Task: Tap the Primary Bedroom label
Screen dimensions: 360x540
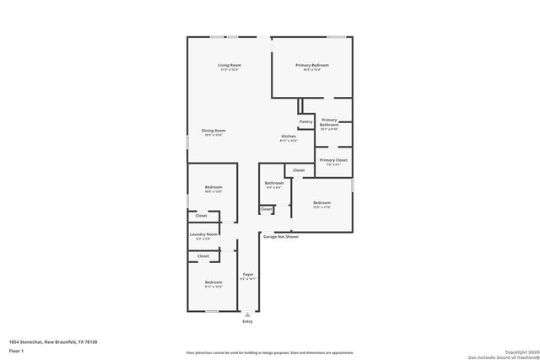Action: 311,65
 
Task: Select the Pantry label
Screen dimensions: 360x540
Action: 306,121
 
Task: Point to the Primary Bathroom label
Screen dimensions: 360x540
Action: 329,122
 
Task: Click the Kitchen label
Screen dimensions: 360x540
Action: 289,137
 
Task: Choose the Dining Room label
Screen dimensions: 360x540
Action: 213,131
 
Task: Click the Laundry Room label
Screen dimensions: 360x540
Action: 203,234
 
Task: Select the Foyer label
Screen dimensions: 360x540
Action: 248,275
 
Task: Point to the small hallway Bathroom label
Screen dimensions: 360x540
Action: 273,183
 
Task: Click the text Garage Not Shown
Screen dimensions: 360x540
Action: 281,237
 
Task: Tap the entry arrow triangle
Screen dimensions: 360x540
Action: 247,314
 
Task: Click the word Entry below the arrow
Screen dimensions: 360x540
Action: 247,321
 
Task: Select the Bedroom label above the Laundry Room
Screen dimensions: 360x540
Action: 213,187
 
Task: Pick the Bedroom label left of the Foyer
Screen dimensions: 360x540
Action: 213,282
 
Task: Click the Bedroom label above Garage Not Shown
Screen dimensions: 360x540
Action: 322,202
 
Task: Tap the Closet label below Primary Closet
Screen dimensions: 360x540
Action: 300,170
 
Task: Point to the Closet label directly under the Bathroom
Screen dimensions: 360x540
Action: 267,208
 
